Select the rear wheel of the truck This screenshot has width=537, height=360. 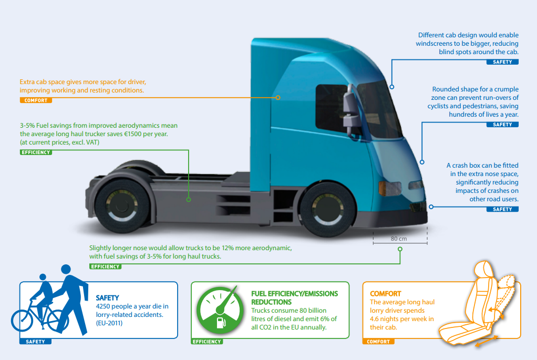pyautogui.click(x=122, y=206)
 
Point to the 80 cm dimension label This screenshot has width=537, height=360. pyautogui.click(x=399, y=239)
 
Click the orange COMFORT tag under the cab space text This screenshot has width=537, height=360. pyautogui.click(x=36, y=100)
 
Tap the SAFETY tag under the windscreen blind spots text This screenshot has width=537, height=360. pyautogui.click(x=502, y=62)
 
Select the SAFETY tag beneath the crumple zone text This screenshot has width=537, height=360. pyautogui.click(x=502, y=125)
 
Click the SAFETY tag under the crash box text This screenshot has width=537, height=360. pyautogui.click(x=502, y=209)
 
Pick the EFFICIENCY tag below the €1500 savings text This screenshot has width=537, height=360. pyautogui.click(x=36, y=152)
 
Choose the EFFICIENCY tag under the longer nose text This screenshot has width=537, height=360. pyautogui.click(x=106, y=266)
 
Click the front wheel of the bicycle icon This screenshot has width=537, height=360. pyautogui.click(x=22, y=320)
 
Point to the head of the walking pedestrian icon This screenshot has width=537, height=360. pyautogui.click(x=66, y=269)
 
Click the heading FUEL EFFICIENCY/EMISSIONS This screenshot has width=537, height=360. pyautogui.click(x=295, y=294)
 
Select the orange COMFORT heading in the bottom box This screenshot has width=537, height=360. pyautogui.click(x=385, y=294)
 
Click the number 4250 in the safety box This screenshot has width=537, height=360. pyautogui.click(x=104, y=306)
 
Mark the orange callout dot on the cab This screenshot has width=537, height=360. pyautogui.click(x=278, y=98)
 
